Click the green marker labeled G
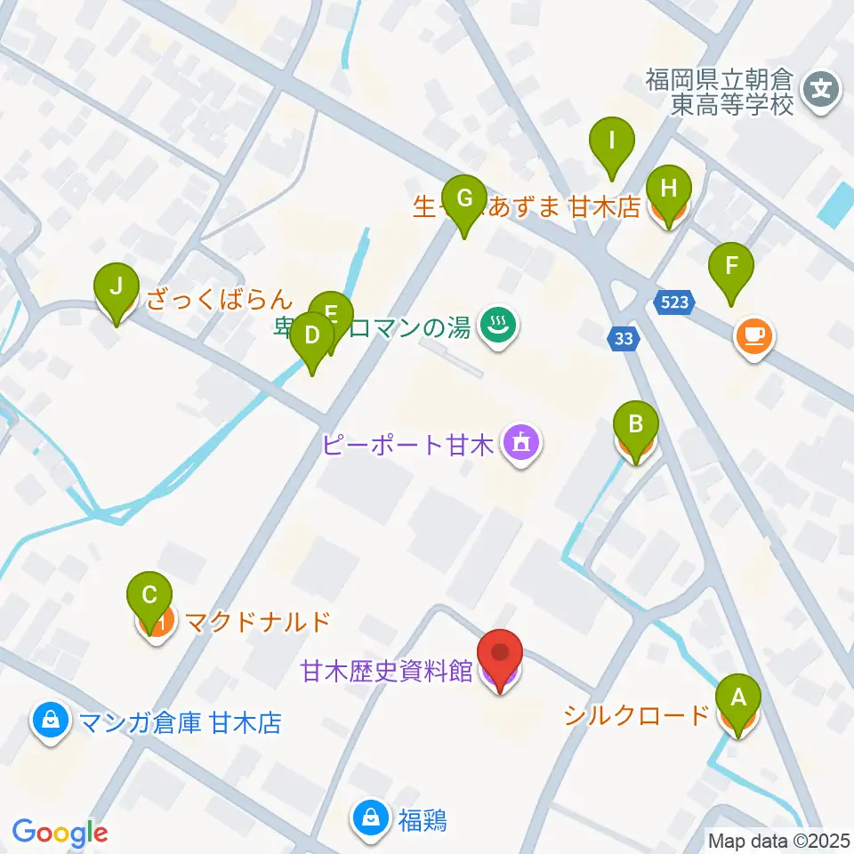click(x=463, y=197)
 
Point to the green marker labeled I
click(x=612, y=141)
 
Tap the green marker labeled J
click(x=117, y=286)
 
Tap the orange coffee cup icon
click(x=754, y=335)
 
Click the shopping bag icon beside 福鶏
click(x=370, y=817)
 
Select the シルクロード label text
click(x=637, y=713)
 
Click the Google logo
click(x=60, y=833)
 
